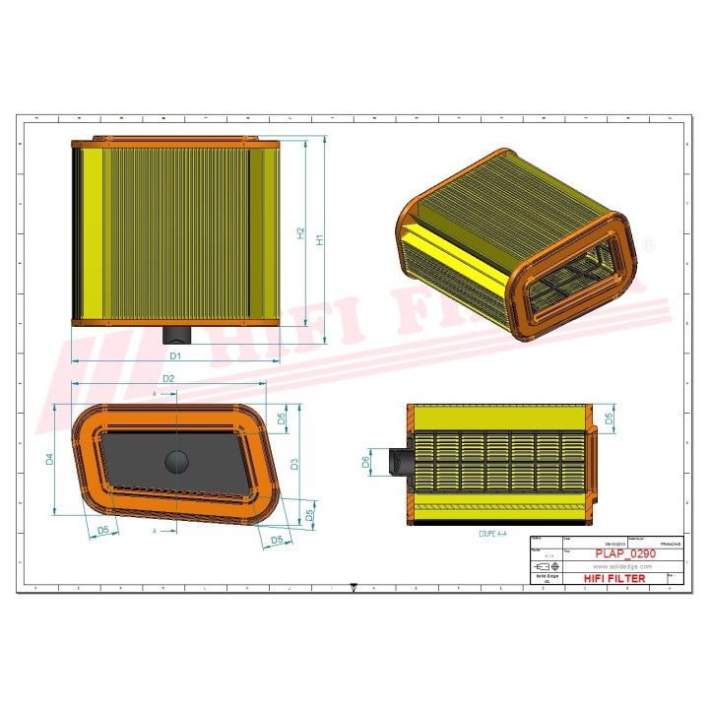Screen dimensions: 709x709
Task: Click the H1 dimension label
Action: tap(319, 239)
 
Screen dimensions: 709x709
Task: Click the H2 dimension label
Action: tap(301, 233)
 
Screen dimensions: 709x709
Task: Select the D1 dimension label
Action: tap(175, 354)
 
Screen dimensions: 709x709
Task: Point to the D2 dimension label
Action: tap(168, 379)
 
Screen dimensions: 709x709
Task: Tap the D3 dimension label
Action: tap(293, 463)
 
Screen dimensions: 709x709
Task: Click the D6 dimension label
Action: tap(366, 461)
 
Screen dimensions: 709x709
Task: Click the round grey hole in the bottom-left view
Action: tap(176, 460)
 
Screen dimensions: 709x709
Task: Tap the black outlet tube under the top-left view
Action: tap(175, 334)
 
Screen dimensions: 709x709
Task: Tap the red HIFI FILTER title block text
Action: tap(615, 579)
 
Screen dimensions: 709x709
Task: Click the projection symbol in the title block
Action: tap(544, 568)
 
